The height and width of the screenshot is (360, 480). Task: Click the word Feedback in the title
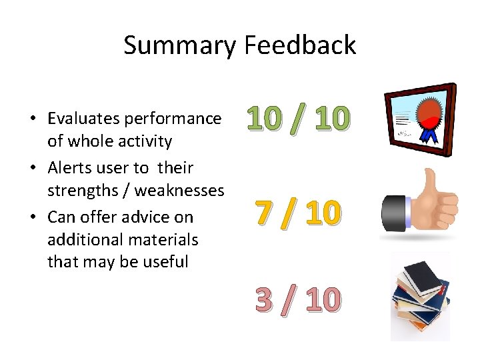pos(300,45)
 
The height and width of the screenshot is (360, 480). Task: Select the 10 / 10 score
pos(297,119)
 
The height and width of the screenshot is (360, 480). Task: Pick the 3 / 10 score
pos(297,300)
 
